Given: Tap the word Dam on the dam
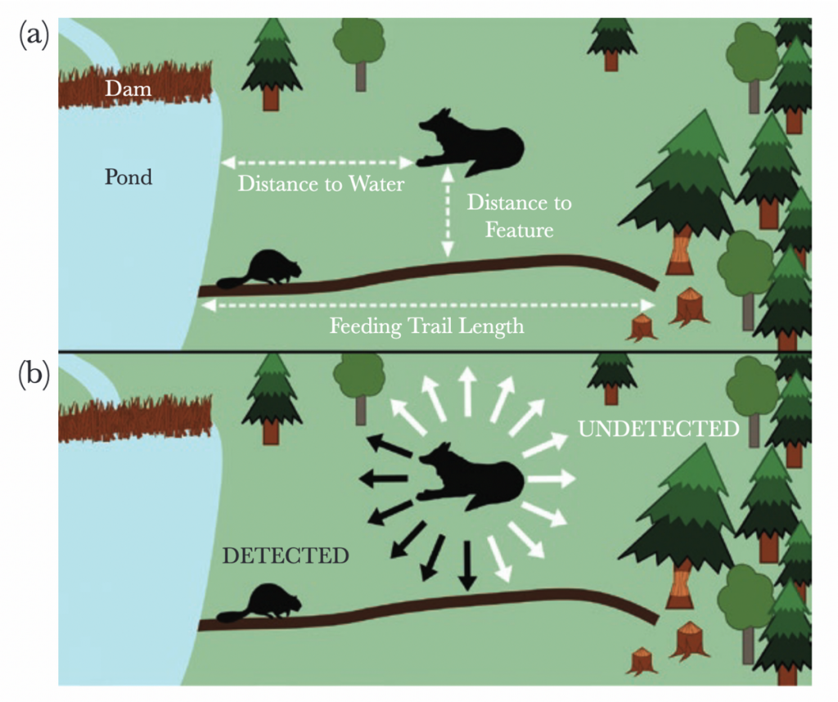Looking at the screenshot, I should point(129,88).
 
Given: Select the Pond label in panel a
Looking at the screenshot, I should point(128,176).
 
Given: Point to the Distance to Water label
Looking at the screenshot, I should point(321,184).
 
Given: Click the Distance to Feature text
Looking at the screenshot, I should point(519,217).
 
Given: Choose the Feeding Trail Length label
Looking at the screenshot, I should point(426,327).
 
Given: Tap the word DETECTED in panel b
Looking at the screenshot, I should point(286,556).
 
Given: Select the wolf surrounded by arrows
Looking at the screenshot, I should point(475,479).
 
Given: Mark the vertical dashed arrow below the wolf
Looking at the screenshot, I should point(448,213).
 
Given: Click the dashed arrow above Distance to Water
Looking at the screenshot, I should point(317,162).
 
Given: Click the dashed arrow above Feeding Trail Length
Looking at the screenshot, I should point(426,304).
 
